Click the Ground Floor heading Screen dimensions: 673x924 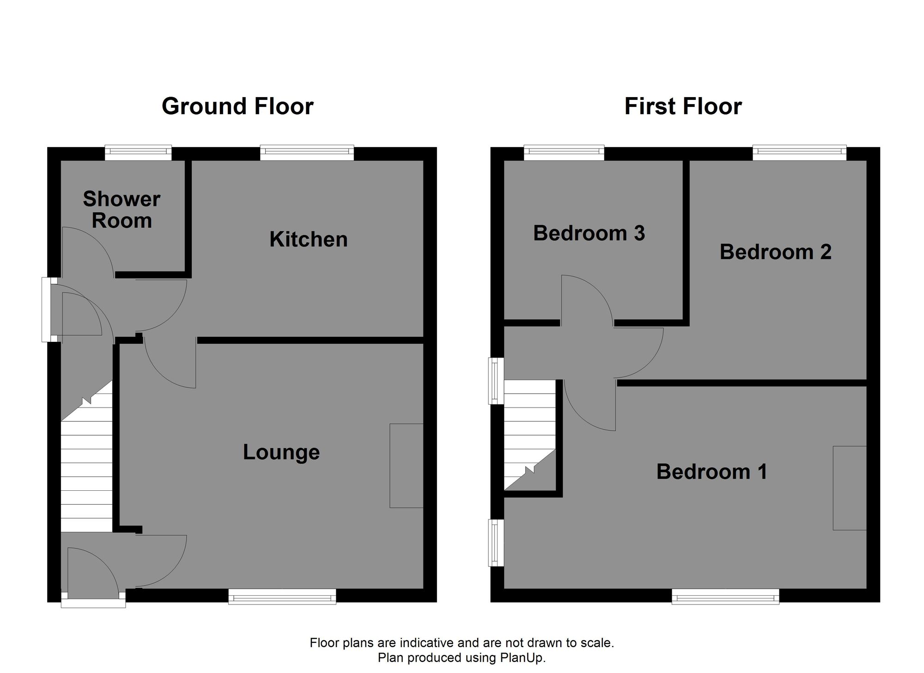(x=237, y=106)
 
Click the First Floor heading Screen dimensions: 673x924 (x=683, y=106)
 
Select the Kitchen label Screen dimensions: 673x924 (x=308, y=240)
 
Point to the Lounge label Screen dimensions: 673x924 (x=281, y=452)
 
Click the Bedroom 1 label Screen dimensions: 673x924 (x=711, y=472)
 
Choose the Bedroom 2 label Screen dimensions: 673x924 (x=775, y=252)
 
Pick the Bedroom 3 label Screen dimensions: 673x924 (x=589, y=233)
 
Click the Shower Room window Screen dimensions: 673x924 (x=138, y=153)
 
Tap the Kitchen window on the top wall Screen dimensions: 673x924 (x=307, y=153)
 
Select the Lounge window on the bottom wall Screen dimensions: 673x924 (x=282, y=596)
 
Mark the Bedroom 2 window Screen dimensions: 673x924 (x=799, y=153)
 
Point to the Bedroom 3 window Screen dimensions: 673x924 (x=564, y=153)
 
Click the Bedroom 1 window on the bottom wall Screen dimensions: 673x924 (x=725, y=596)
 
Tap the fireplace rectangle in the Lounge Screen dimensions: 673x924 (x=406, y=465)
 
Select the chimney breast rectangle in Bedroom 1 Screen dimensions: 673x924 (x=849, y=488)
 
